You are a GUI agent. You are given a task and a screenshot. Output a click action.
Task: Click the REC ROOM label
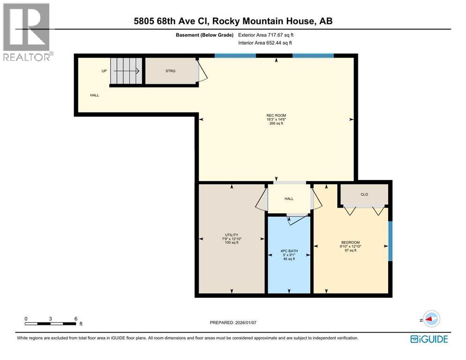[x=276, y=115]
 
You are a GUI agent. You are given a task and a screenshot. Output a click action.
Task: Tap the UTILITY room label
[x=232, y=235]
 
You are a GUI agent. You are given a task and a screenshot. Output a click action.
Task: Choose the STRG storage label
[x=170, y=71]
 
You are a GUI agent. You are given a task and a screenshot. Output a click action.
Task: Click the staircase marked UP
[x=125, y=72]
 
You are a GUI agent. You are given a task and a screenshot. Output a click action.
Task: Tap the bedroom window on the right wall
[x=390, y=241]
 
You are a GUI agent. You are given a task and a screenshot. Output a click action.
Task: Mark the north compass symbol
[x=430, y=318]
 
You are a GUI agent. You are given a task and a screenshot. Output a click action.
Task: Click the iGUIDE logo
[x=428, y=339]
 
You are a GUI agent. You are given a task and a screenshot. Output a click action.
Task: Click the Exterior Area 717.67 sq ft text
[x=266, y=35]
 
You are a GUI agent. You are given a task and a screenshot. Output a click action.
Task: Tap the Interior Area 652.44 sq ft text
[x=265, y=43]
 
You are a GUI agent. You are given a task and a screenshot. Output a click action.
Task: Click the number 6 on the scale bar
[x=75, y=318]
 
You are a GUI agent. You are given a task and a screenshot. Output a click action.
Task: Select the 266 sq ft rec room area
[x=276, y=124]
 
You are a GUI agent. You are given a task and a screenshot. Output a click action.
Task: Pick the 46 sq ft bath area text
[x=289, y=259]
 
